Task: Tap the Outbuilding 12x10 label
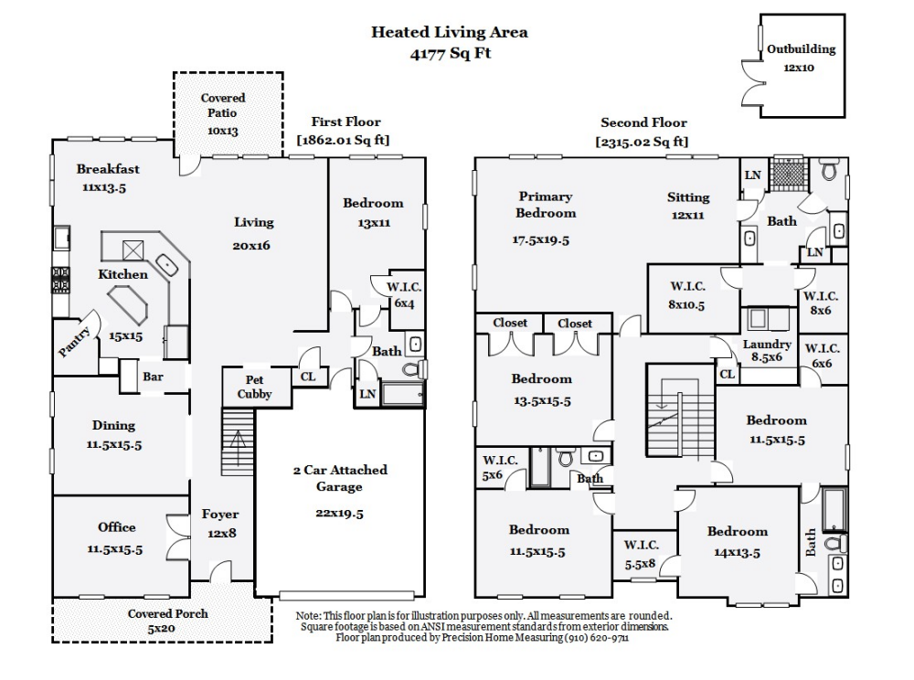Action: (x=801, y=58)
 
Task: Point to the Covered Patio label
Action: (x=222, y=113)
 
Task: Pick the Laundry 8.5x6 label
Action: (x=766, y=351)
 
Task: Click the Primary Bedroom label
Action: (x=545, y=205)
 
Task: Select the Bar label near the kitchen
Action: (x=153, y=376)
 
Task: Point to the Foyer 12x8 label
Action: (x=220, y=523)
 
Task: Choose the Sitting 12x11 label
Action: (x=688, y=206)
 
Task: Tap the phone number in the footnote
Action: (x=593, y=638)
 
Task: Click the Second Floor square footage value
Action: (x=643, y=142)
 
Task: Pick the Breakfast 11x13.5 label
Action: (x=108, y=177)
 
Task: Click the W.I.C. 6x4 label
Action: (x=404, y=294)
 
